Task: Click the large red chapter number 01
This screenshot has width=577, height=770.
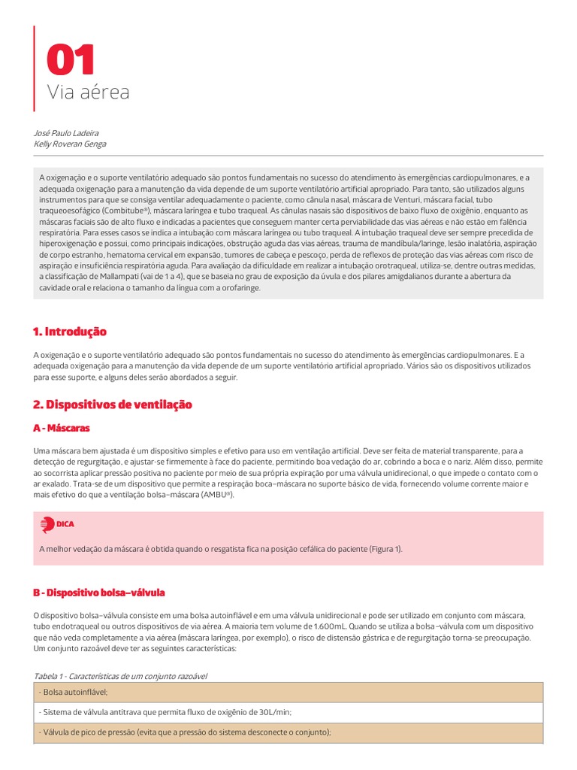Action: pyautogui.click(x=71, y=60)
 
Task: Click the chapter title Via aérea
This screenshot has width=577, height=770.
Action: pyautogui.click(x=89, y=92)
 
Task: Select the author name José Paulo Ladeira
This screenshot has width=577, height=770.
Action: pyautogui.click(x=72, y=133)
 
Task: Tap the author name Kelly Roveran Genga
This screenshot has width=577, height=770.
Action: pyautogui.click(x=70, y=144)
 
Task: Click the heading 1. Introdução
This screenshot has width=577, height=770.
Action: pyautogui.click(x=70, y=332)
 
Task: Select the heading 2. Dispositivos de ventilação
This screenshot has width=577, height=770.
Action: pyautogui.click(x=113, y=405)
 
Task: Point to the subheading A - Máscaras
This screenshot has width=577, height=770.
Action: pyautogui.click(x=62, y=427)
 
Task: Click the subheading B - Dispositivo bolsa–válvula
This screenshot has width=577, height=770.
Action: pyautogui.click(x=99, y=593)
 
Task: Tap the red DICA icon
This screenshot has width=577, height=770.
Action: pyautogui.click(x=47, y=524)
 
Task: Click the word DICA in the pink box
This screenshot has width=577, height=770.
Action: pyautogui.click(x=65, y=524)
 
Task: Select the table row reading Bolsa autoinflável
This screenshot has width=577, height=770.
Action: pyautogui.click(x=75, y=692)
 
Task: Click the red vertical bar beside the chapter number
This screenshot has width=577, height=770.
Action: pyautogui.click(x=35, y=68)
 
